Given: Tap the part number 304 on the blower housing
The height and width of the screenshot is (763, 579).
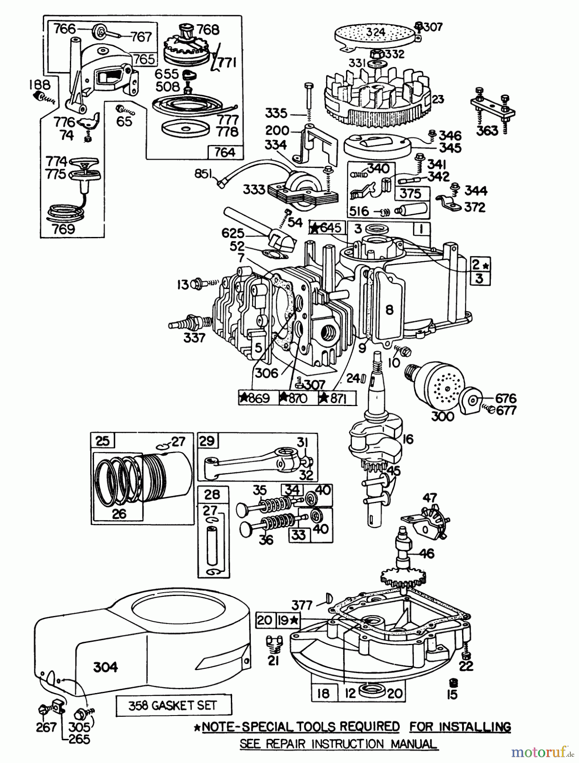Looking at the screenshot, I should [105, 668].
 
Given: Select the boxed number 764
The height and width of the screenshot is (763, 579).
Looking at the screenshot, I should [224, 152].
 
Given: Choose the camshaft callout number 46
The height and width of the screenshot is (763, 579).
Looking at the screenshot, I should [427, 553].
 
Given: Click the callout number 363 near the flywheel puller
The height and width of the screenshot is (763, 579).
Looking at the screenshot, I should [487, 131].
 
